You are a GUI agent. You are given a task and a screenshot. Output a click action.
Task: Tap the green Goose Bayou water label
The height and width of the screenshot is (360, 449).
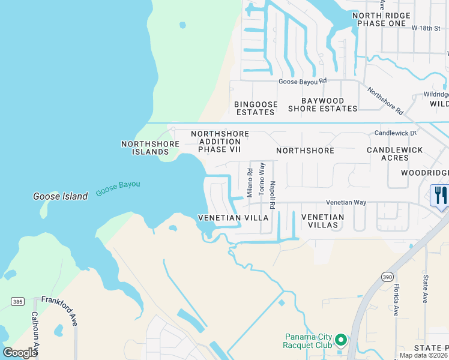(x=118, y=188)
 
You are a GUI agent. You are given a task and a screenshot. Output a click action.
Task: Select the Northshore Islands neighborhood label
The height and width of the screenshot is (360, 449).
(x=150, y=148)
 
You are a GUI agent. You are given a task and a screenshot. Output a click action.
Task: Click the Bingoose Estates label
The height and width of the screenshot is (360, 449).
(x=256, y=108)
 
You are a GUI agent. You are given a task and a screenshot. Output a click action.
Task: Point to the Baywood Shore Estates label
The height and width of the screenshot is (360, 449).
(x=322, y=104)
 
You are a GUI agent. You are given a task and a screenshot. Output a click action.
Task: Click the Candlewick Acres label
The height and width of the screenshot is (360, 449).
(x=395, y=154)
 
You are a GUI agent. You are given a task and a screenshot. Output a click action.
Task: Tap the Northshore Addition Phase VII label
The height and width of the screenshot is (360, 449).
(x=220, y=141)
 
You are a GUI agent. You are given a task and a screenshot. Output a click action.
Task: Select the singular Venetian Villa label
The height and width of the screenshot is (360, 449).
(x=234, y=218)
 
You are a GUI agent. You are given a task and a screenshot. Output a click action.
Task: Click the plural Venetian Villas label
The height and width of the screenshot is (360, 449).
(x=323, y=221)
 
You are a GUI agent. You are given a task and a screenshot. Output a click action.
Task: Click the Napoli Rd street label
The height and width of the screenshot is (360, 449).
(x=273, y=195)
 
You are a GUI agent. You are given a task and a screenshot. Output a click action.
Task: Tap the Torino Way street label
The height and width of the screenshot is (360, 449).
(x=262, y=178)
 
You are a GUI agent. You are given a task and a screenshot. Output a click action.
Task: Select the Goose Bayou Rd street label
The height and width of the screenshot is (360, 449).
(x=302, y=81)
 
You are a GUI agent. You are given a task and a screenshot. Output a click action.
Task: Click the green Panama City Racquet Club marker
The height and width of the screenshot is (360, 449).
(x=341, y=340)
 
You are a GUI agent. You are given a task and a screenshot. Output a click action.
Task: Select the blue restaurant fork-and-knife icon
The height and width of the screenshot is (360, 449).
(x=439, y=196)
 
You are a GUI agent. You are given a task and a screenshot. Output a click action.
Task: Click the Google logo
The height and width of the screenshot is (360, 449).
(x=20, y=352)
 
